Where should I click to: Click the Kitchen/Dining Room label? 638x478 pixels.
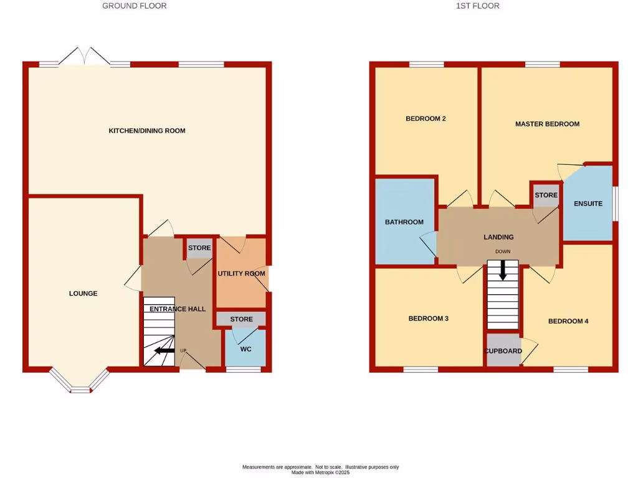pyautogui.click(x=147, y=131)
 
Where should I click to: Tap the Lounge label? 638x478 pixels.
pyautogui.click(x=83, y=293)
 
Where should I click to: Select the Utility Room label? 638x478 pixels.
pyautogui.click(x=241, y=273)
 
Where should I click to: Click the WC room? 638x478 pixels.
pyautogui.click(x=245, y=349)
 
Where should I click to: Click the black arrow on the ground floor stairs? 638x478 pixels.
pyautogui.click(x=164, y=350)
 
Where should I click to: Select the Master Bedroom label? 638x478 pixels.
pyautogui.click(x=547, y=124)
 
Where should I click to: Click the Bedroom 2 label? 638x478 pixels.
pyautogui.click(x=426, y=118)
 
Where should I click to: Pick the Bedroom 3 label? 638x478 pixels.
pyautogui.click(x=429, y=319)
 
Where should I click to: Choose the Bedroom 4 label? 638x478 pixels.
pyautogui.click(x=568, y=321)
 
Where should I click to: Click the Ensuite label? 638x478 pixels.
pyautogui.click(x=588, y=204)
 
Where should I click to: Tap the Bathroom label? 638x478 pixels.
pyautogui.click(x=404, y=222)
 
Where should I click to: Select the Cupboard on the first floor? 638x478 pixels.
pyautogui.click(x=503, y=351)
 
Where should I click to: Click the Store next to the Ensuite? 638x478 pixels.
pyautogui.click(x=546, y=195)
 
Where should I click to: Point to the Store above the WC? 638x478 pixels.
pyautogui.click(x=241, y=319)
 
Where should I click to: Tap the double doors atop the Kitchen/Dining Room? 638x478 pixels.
pyautogui.click(x=85, y=56)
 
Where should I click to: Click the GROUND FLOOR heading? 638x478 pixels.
pyautogui.click(x=134, y=6)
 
